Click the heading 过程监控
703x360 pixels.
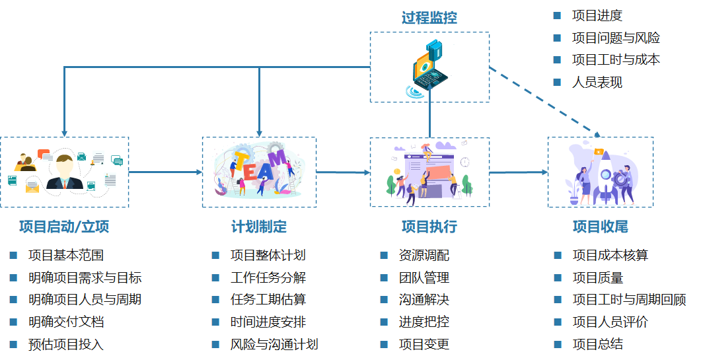pyautogui.click(x=429, y=18)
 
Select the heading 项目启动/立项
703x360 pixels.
pyautogui.click(x=64, y=227)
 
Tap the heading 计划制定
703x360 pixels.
pyautogui.click(x=259, y=227)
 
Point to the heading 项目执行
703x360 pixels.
pyautogui.click(x=429, y=227)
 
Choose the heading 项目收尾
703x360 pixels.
pyautogui.click(x=600, y=227)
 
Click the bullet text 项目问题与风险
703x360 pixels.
pyautogui.click(x=616, y=38)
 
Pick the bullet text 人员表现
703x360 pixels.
pyautogui.click(x=597, y=83)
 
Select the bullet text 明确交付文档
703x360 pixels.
pyautogui.click(x=66, y=322)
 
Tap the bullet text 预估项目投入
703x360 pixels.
pyautogui.click(x=66, y=344)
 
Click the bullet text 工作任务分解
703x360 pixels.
pyautogui.click(x=268, y=277)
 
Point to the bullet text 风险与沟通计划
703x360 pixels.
pyautogui.click(x=274, y=344)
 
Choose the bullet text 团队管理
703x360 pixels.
pyautogui.click(x=424, y=277)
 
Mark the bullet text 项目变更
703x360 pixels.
pyautogui.click(x=424, y=344)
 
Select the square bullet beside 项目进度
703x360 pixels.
pyautogui.click(x=558, y=15)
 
